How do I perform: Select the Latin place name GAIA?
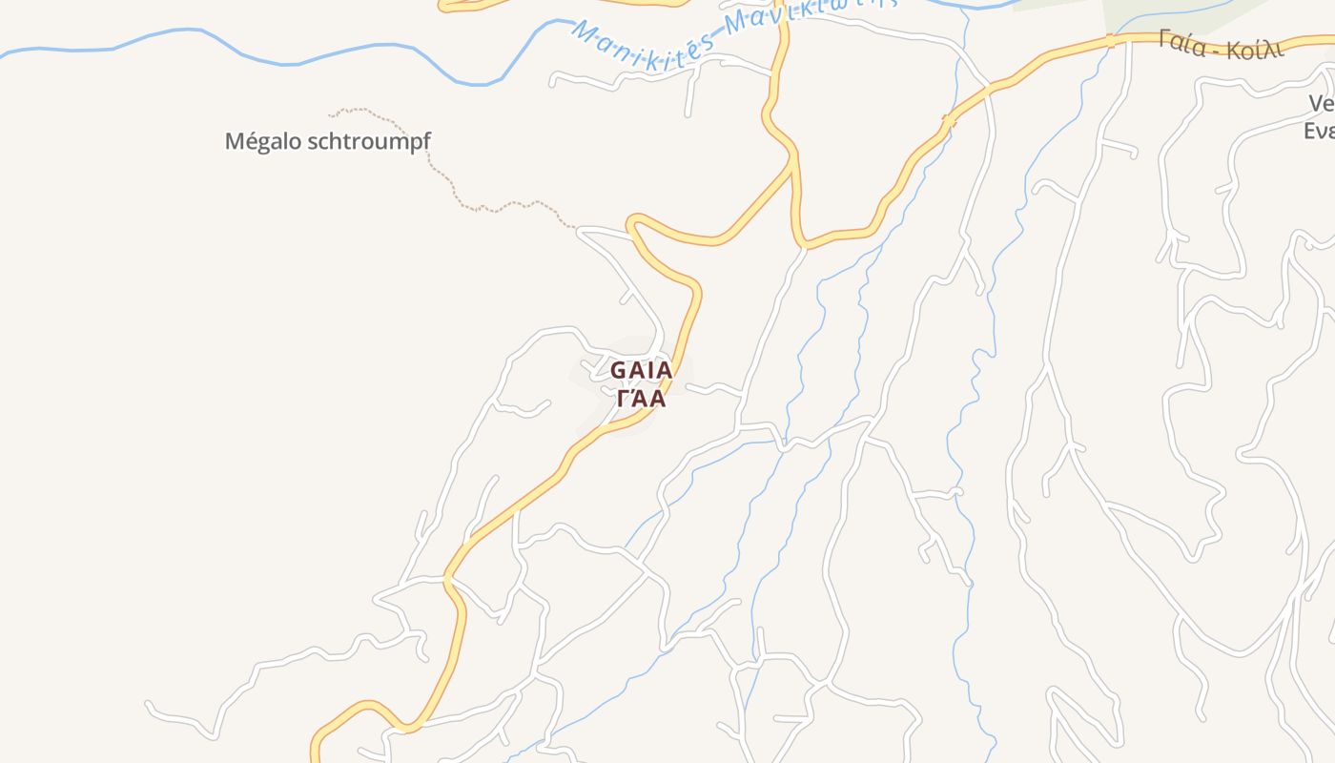(642, 370)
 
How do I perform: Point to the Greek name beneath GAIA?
(642, 398)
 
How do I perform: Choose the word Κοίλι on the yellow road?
(1256, 51)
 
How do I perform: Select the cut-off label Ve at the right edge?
(1320, 103)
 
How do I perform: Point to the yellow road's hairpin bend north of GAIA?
(632, 225)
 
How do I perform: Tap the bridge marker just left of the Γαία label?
(1110, 40)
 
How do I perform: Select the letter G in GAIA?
(618, 370)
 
